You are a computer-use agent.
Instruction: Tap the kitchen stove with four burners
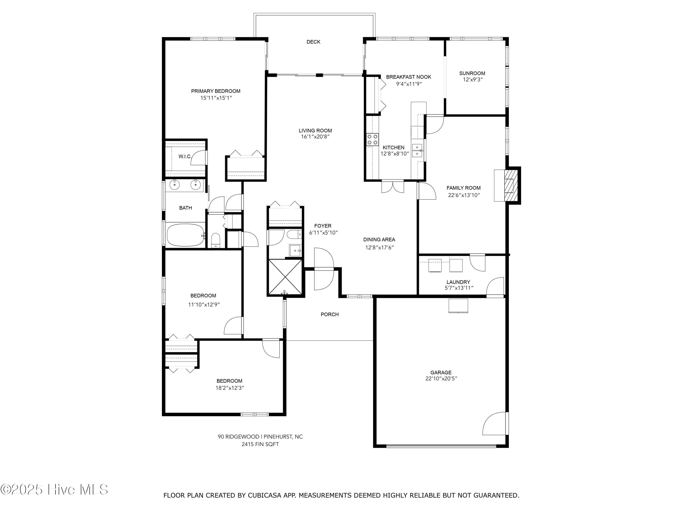click(x=372, y=140)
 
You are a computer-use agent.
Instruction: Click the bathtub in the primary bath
click(x=185, y=235)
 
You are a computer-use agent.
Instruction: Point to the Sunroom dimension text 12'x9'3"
click(x=472, y=80)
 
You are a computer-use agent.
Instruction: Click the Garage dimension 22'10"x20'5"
click(x=441, y=378)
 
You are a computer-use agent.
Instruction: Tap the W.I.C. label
click(x=185, y=156)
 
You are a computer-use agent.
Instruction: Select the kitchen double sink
click(x=417, y=150)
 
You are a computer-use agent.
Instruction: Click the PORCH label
click(x=329, y=314)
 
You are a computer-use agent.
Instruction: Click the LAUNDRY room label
click(x=458, y=282)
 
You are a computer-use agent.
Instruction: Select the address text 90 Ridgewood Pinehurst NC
click(x=260, y=437)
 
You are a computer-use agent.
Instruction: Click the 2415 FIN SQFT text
click(x=260, y=444)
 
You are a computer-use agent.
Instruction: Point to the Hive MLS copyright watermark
click(x=54, y=490)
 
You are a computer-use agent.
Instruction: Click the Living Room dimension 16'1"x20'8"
click(x=315, y=137)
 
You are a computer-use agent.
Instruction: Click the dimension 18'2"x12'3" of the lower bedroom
click(x=229, y=388)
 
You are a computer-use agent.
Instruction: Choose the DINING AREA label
click(x=379, y=240)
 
